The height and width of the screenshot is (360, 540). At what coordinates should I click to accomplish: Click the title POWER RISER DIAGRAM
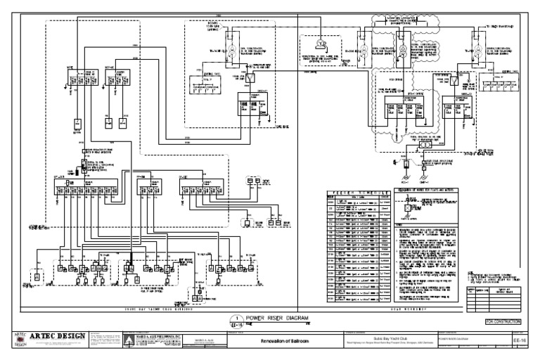point(278,319)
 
